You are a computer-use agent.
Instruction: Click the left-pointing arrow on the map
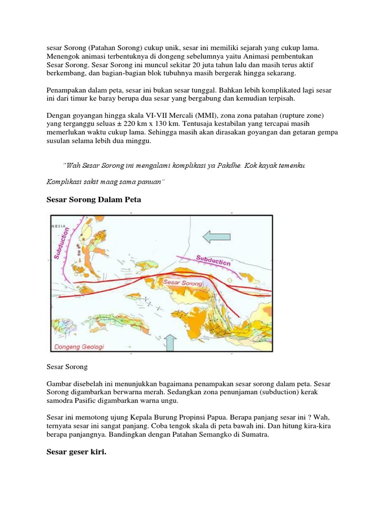pyautogui.click(x=217, y=236)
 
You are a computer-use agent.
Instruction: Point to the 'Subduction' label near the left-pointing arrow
pyautogui.click(x=214, y=261)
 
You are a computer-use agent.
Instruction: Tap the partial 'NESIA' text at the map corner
pyautogui.click(x=59, y=226)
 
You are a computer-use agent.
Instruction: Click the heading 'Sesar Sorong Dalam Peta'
pyautogui.click(x=94, y=199)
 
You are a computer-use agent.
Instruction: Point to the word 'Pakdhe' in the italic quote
pyautogui.click(x=227, y=165)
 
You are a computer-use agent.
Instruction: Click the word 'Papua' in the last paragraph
pyautogui.click(x=247, y=417)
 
